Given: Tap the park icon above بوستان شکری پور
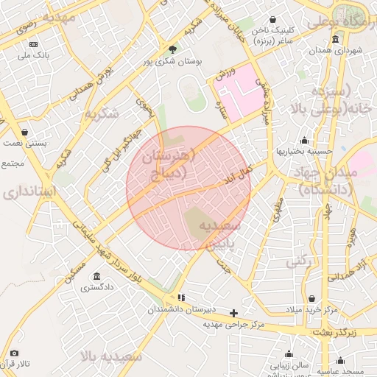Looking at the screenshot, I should pyautogui.click(x=173, y=49).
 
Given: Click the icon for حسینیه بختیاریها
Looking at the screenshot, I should pyautogui.click(x=304, y=140).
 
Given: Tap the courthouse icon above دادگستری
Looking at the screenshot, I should pyautogui.click(x=96, y=278).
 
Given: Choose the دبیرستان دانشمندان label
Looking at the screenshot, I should pyautogui.click(x=182, y=311).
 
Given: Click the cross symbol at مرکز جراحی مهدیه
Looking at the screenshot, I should pyautogui.click(x=234, y=313).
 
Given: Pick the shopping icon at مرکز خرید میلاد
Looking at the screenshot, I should pyautogui.click(x=313, y=299).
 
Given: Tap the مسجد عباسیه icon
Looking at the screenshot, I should pyautogui.click(x=340, y=361).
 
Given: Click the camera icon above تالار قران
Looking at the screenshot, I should pyautogui.click(x=14, y=353).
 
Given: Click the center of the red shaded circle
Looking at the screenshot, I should pyautogui.click(x=188, y=188).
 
